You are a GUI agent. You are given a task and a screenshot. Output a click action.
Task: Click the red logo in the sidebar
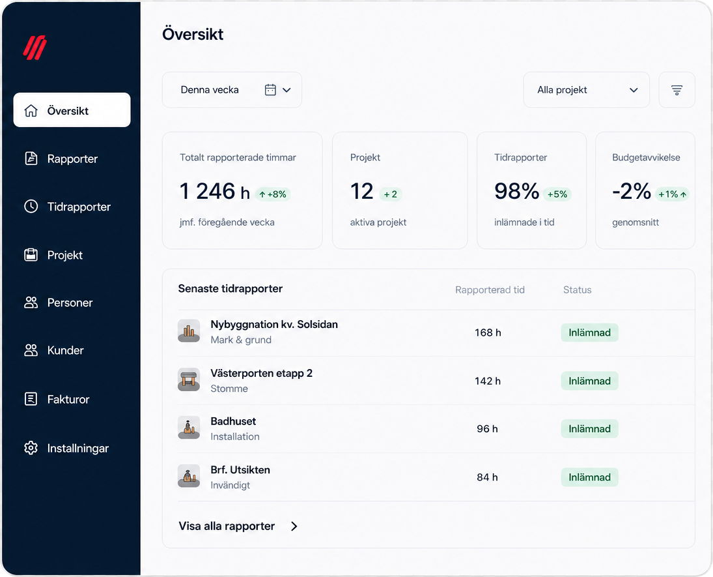point(35,48)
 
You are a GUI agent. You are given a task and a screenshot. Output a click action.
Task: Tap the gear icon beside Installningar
point(31,448)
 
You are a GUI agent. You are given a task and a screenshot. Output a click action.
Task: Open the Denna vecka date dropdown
point(232,90)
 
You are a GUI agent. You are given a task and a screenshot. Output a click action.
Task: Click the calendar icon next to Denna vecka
point(271,90)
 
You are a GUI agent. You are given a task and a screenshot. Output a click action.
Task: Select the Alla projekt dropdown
point(586,90)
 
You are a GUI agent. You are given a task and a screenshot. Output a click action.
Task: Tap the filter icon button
point(677,90)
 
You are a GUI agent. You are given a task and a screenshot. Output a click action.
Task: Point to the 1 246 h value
point(215,191)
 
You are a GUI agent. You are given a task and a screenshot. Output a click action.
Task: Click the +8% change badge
point(273,194)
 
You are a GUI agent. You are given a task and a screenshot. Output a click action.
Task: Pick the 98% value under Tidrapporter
point(516,191)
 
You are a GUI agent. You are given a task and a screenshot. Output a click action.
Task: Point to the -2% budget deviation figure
point(632,191)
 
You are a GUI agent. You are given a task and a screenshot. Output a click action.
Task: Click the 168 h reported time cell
point(488,333)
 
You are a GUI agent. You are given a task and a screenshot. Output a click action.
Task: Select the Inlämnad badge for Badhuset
point(589,428)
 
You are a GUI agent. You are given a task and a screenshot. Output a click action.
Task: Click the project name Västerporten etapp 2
point(262,374)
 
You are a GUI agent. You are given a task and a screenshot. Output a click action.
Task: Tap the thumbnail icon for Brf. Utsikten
point(189,476)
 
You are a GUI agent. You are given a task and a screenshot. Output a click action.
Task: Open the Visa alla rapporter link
point(238,526)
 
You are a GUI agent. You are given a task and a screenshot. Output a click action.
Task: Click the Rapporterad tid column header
point(490,290)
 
